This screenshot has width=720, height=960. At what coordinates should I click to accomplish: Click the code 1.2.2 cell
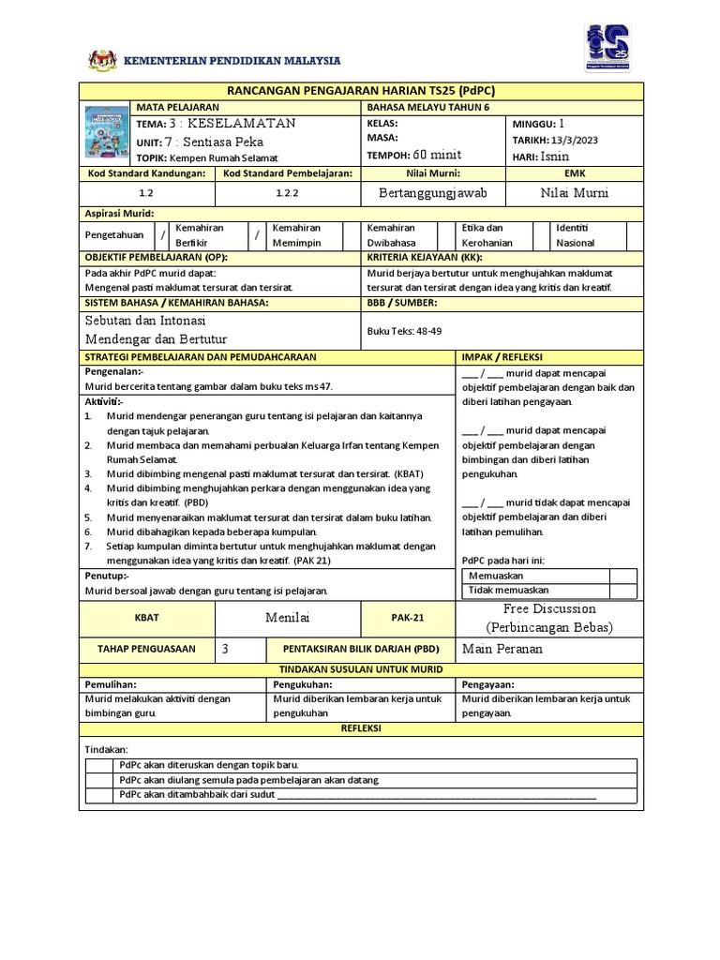point(287,192)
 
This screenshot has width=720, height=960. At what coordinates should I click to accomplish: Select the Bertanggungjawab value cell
point(434,192)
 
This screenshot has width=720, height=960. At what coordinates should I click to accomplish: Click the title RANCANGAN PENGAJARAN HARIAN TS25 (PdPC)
point(362,90)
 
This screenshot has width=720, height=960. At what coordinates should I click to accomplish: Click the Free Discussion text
point(548,609)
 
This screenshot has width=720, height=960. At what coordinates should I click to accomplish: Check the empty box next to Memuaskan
point(622,576)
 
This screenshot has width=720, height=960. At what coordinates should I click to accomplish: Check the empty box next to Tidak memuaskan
point(622,591)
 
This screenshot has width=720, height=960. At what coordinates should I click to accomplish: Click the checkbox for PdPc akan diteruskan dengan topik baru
point(98,765)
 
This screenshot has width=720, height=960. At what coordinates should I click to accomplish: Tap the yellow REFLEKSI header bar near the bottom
point(362,728)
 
